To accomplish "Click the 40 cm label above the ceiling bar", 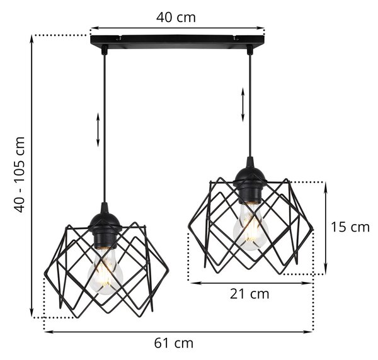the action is pyautogui.click(x=176, y=18).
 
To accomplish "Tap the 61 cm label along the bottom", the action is pyautogui.click(x=174, y=343).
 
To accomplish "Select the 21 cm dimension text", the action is pyautogui.click(x=249, y=294).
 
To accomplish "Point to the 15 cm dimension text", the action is pyautogui.click(x=350, y=227).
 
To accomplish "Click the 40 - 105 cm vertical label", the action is pyautogui.click(x=20, y=174).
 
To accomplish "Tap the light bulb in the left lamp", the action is pyautogui.click(x=105, y=271).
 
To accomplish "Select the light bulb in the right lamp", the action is pyautogui.click(x=251, y=227).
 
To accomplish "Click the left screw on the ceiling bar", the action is pyautogui.click(x=118, y=38).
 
